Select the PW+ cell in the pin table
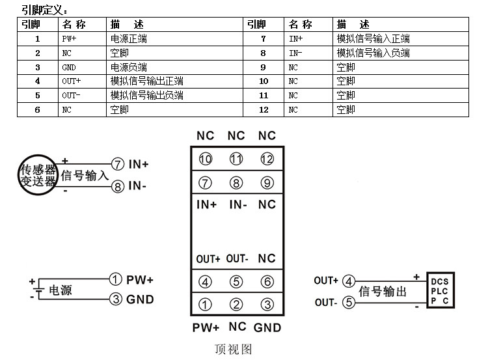click(70, 39)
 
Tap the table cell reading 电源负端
click(129, 67)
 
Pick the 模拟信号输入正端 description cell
click(373, 39)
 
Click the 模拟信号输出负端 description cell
click(147, 96)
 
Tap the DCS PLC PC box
click(439, 291)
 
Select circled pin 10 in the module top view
click(206, 159)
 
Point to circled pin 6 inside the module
click(267, 282)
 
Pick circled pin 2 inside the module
click(236, 304)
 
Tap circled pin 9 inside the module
click(267, 182)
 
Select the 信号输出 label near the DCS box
click(383, 292)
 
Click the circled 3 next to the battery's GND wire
click(116, 299)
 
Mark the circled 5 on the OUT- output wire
click(349, 303)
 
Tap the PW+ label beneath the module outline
click(206, 327)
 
